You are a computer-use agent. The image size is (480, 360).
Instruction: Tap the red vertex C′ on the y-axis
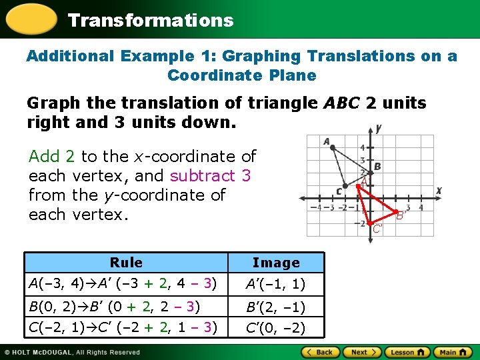[x=369, y=224]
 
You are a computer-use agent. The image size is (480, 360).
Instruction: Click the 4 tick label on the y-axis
[x=362, y=147]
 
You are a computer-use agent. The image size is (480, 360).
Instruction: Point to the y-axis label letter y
[x=378, y=128]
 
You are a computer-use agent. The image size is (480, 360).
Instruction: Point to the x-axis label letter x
[x=439, y=191]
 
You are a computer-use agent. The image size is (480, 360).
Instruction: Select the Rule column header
[x=126, y=262]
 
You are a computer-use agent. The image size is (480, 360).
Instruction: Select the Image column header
[x=276, y=263]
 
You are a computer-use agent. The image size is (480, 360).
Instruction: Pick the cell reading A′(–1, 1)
[x=275, y=285]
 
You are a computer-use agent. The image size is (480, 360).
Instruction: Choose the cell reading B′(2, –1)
[x=275, y=307]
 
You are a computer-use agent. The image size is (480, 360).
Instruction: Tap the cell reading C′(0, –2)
[x=275, y=328]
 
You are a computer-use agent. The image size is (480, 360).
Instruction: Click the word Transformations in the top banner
[x=151, y=20]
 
